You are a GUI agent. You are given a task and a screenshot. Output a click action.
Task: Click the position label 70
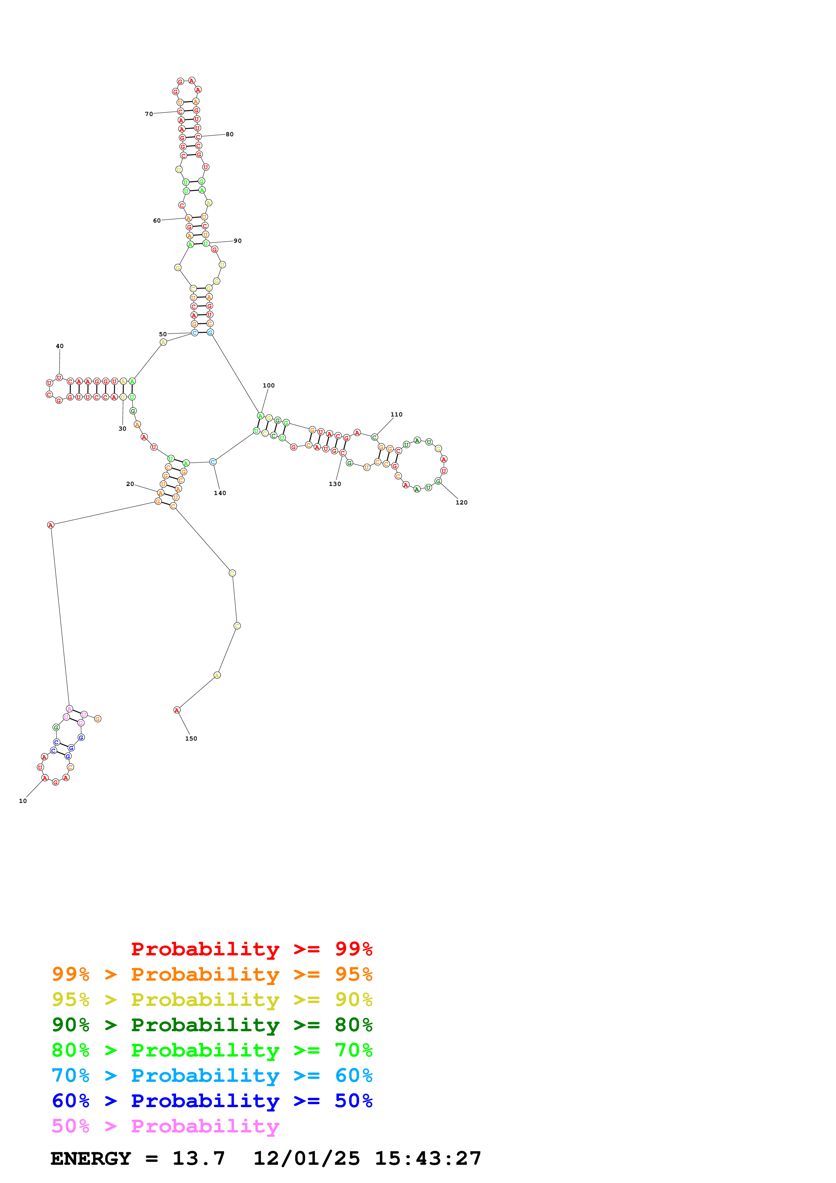(x=148, y=114)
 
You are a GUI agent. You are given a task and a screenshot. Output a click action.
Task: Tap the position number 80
(x=230, y=135)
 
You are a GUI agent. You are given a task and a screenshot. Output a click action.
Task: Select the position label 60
(x=156, y=221)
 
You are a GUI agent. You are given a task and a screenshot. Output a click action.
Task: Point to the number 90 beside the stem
(x=237, y=241)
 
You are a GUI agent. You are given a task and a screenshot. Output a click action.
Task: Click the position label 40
(x=60, y=346)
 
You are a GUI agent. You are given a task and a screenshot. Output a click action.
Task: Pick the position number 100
(x=268, y=385)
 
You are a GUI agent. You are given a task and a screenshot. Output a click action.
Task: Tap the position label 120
(x=462, y=502)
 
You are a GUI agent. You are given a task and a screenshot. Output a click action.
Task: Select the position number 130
(x=335, y=484)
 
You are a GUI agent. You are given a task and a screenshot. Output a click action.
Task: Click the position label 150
(x=191, y=738)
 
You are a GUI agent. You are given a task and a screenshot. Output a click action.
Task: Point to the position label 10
(x=23, y=801)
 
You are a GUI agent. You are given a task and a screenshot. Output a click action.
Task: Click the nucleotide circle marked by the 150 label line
(x=177, y=710)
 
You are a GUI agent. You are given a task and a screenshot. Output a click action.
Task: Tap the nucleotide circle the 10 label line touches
(x=45, y=778)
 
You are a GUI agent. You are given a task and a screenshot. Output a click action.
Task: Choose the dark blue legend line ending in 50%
(x=212, y=1101)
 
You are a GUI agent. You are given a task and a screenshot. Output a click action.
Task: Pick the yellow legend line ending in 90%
(x=212, y=1000)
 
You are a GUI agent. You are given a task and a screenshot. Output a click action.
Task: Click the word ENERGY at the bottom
(x=91, y=1158)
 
